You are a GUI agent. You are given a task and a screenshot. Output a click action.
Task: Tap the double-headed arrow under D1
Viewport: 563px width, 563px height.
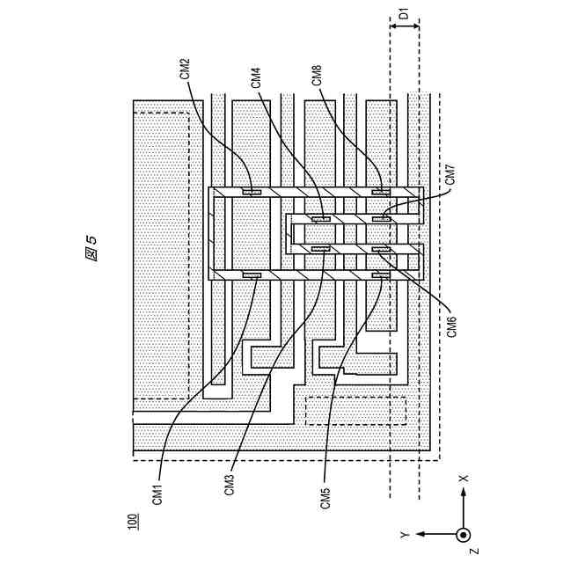click(404, 26)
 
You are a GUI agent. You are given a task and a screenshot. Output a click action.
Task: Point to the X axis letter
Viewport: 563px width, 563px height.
click(465, 479)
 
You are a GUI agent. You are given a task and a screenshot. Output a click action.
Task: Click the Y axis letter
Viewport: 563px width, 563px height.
click(403, 534)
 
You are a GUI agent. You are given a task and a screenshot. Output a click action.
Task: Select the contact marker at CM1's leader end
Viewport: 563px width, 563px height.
click(252, 275)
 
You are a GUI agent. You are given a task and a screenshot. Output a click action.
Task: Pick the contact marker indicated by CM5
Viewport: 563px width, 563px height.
click(380, 275)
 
